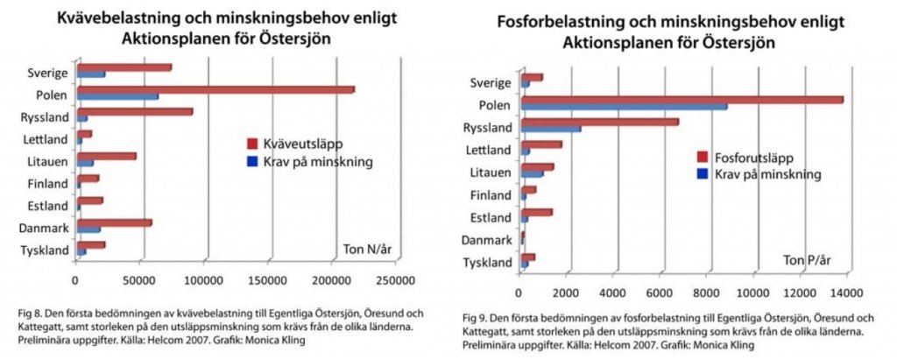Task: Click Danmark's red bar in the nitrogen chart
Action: click(x=114, y=222)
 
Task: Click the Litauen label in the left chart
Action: click(x=46, y=162)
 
